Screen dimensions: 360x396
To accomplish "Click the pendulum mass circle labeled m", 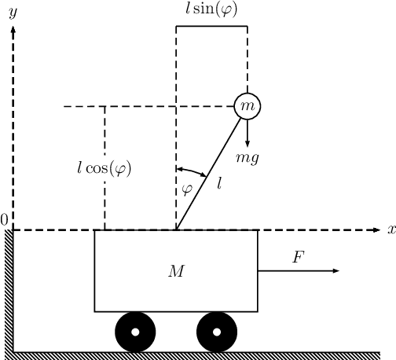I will click(247, 105).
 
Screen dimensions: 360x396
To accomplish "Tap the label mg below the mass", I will click(250, 158).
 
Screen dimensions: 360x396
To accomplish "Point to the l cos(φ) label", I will click(104, 168).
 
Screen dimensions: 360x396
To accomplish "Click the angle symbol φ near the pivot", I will click(186, 188).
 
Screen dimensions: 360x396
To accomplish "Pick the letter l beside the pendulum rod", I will click(220, 183).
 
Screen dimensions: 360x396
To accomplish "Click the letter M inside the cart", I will click(176, 271).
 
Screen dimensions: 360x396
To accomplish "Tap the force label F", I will click(298, 257).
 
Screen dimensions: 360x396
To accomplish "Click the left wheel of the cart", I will click(135, 332).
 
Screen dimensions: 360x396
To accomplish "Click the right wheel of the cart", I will click(216, 332).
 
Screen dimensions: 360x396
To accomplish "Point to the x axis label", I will click(390, 230).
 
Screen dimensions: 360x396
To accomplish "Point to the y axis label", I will click(13, 13).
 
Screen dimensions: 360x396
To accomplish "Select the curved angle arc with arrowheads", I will click(191, 171).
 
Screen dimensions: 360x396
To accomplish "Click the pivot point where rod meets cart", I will click(176, 230).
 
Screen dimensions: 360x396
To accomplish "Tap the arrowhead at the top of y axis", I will click(13, 31).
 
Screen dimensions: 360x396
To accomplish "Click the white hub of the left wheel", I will click(135, 332).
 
